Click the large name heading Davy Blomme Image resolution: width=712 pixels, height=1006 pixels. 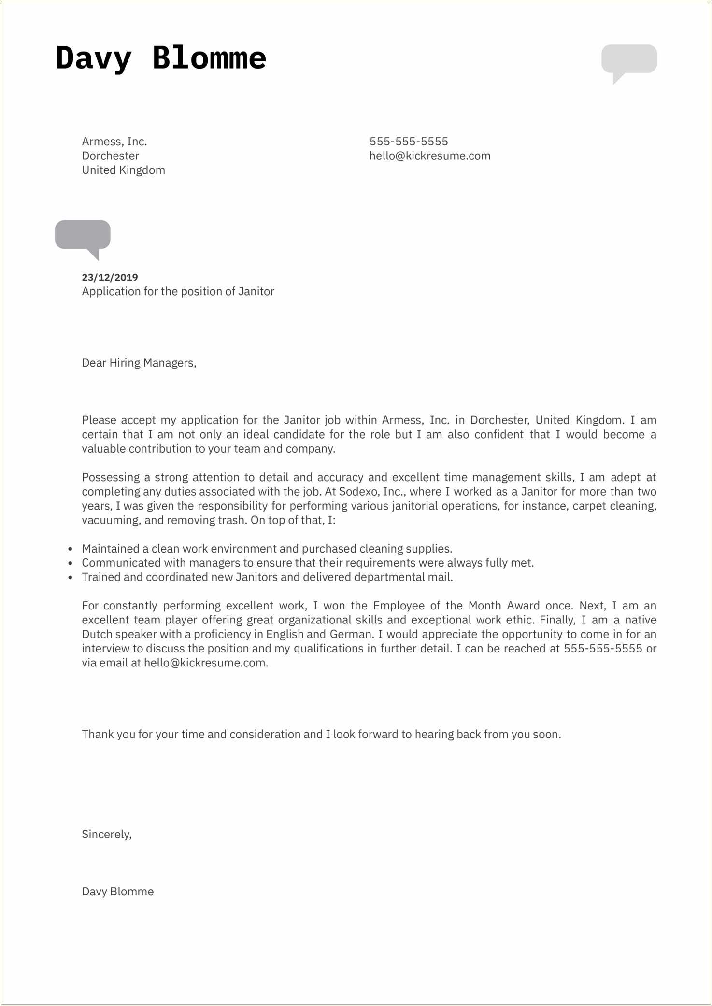pos(161,58)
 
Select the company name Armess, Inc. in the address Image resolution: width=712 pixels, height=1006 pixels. pos(114,142)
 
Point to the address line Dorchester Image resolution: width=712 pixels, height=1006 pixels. pos(111,156)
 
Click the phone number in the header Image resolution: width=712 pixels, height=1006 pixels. pos(409,142)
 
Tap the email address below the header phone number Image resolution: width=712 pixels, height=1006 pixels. pos(430,156)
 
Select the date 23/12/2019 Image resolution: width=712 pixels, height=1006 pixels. pos(110,277)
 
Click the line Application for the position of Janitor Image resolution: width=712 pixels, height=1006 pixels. pos(178,291)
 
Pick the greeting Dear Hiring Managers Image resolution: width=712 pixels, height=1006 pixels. pos(139,363)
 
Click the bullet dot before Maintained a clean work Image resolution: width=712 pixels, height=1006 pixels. pos(71,549)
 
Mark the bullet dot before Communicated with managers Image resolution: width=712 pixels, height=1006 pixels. pos(71,563)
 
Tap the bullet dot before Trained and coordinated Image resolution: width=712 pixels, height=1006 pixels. pos(71,578)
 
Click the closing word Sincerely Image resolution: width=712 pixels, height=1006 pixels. pos(107,834)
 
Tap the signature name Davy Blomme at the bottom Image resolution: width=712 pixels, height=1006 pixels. pos(118,892)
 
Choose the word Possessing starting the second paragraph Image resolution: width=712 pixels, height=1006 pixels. pos(111,477)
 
